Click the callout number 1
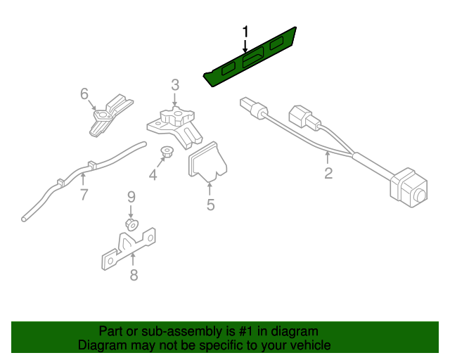click(245, 32)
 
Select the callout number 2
click(328, 173)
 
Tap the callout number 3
click(175, 85)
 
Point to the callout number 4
click(153, 175)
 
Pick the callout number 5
click(210, 205)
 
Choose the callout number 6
click(84, 94)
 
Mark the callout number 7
click(84, 195)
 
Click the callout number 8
click(134, 275)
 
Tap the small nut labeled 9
click(131, 224)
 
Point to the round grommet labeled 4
click(167, 151)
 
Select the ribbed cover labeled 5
click(206, 162)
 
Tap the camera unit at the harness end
click(407, 187)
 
